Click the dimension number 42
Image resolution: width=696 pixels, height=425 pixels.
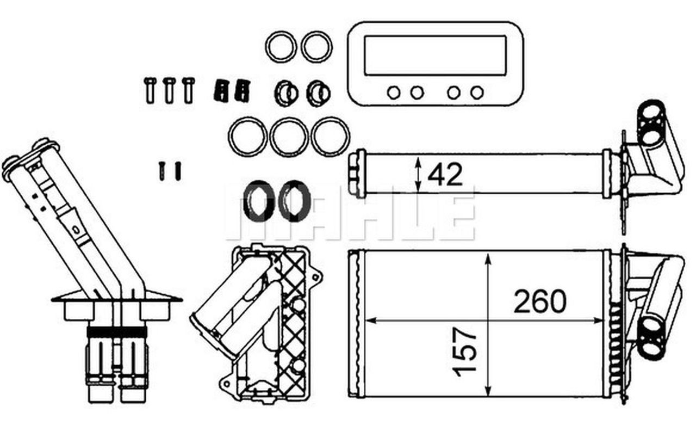(x=445, y=175)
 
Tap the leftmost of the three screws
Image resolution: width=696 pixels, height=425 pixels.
(x=150, y=90)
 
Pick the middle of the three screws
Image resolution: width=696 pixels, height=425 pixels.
(x=169, y=90)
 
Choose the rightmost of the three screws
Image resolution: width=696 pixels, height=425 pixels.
(x=188, y=90)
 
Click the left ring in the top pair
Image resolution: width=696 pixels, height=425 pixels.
(x=281, y=47)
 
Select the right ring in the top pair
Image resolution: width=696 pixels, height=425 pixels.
(x=316, y=47)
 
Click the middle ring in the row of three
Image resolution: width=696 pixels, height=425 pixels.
(x=289, y=137)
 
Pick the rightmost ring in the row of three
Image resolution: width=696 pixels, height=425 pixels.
(x=330, y=137)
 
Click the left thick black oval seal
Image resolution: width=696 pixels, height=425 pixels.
(x=256, y=201)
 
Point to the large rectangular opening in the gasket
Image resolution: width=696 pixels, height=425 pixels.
(x=435, y=56)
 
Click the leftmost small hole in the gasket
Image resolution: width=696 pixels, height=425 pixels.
(x=394, y=93)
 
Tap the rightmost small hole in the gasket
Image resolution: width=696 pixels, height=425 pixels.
(x=477, y=93)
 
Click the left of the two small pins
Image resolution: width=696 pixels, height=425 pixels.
(x=161, y=170)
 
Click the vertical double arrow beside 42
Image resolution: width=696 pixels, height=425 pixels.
(x=418, y=174)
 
